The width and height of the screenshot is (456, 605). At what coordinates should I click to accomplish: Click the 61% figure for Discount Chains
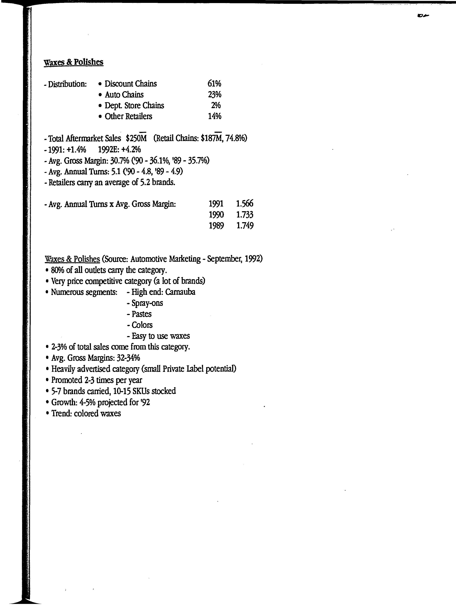pyautogui.click(x=214, y=83)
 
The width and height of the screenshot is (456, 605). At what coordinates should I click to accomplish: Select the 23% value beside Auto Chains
pyautogui.click(x=214, y=94)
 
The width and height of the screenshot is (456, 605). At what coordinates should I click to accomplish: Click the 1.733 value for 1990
pyautogui.click(x=245, y=215)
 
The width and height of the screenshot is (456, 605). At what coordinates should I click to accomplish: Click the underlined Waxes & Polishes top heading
pyautogui.click(x=73, y=62)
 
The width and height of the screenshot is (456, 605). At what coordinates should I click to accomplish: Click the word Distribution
pyautogui.click(x=67, y=84)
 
